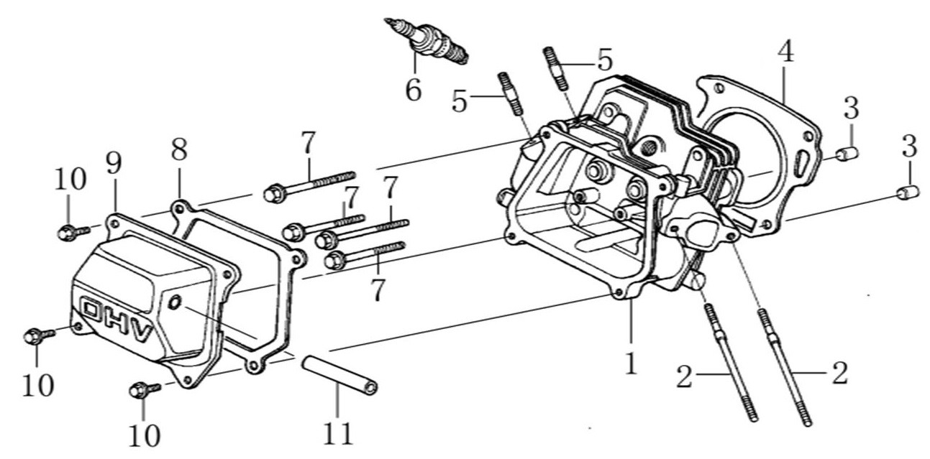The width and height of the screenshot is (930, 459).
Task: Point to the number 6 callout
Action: pos(413,90)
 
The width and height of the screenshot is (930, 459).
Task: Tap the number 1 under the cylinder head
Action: pos(631,363)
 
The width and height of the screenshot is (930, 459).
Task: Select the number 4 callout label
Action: pos(785,52)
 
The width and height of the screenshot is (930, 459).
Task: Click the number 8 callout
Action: pos(179,149)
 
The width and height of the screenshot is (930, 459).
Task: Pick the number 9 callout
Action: pos(113,164)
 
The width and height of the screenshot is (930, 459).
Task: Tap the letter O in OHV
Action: pos(91,311)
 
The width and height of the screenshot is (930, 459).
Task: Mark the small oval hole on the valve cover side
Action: pos(173,304)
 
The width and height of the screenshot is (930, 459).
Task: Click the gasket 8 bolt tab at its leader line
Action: pos(176,208)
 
